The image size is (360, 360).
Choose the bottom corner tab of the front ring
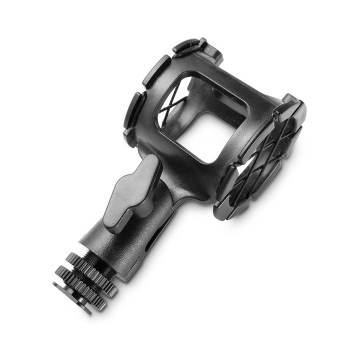226,208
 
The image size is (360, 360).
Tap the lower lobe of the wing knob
116,216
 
